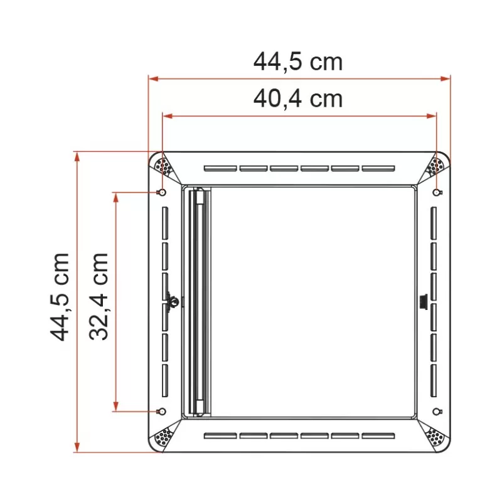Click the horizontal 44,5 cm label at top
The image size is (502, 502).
pos(298,61)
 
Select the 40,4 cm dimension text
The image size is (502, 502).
pos(298,99)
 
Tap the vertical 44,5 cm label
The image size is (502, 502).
pos(61,297)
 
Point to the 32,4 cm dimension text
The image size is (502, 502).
pos(99,297)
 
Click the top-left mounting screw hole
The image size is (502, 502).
pos(162,192)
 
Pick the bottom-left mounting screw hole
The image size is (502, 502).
pos(162,412)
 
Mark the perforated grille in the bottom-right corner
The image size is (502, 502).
pos(434,437)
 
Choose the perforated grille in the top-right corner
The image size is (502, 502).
pos(434,167)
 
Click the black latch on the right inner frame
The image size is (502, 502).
pos(422,301)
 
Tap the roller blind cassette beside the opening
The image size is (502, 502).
pos(200,301)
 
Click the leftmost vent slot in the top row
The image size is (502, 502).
pos(220,168)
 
